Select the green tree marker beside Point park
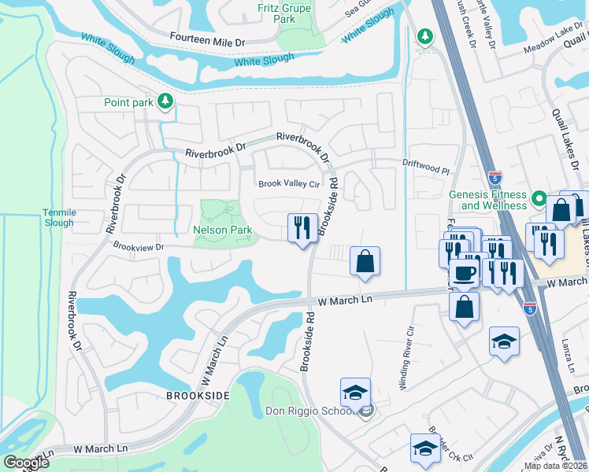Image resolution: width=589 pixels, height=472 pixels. click(x=165, y=101)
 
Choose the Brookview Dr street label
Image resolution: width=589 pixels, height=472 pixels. click(x=138, y=247)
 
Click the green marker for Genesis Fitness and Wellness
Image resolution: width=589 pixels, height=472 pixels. click(x=539, y=198)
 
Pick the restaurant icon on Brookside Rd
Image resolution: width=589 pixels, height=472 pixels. click(x=302, y=228)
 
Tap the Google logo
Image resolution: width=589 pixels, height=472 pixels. click(x=27, y=462)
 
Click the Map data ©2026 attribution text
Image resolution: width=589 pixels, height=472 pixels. click(x=555, y=466)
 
